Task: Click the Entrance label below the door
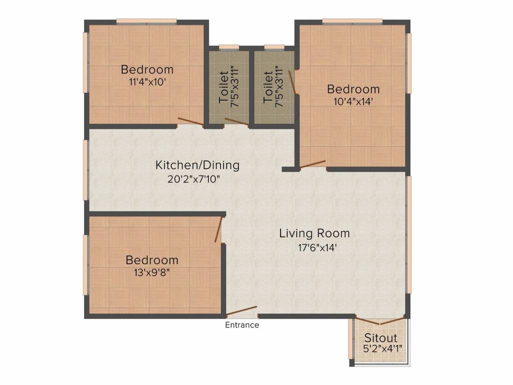point(242,325)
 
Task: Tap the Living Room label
point(314,233)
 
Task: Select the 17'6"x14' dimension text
point(314,247)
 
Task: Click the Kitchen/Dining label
point(197,165)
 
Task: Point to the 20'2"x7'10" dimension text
point(197,178)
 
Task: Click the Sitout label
point(381,337)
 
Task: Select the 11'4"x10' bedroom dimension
point(147,82)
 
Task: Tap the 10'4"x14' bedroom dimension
point(353,101)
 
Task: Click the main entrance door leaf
point(241,311)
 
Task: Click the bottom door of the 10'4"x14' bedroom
point(313,164)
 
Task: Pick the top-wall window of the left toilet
point(229,47)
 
